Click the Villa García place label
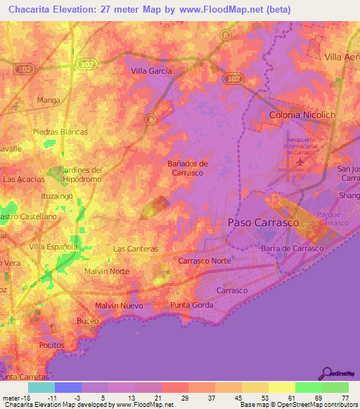pyautogui.click(x=153, y=70)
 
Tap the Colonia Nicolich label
pyautogui.click(x=302, y=114)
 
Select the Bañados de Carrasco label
pyautogui.click(x=186, y=167)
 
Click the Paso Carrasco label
pyautogui.click(x=264, y=222)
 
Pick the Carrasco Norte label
pyautogui.click(x=205, y=261)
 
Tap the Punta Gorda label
pyautogui.click(x=191, y=305)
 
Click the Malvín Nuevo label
pyautogui.click(x=119, y=306)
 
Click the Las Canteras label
pyautogui.click(x=136, y=249)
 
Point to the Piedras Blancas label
pyautogui.click(x=60, y=132)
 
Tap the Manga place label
pyautogui.click(x=49, y=100)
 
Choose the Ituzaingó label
pyautogui.click(x=58, y=196)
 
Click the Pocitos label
pyautogui.click(x=52, y=345)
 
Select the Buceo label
pyautogui.click(x=88, y=320)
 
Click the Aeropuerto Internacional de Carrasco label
pyautogui.click(x=302, y=145)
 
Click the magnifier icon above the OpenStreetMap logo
pyautogui.click(x=327, y=373)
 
